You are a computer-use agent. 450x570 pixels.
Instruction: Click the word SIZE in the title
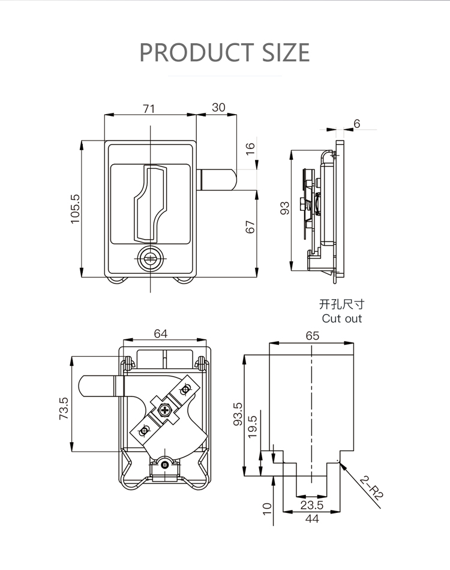click(286, 52)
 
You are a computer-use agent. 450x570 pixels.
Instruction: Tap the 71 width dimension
click(149, 108)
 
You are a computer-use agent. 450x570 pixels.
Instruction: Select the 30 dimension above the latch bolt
click(218, 108)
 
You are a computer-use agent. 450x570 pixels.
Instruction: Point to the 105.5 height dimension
click(75, 209)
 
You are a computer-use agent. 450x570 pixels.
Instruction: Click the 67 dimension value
click(250, 227)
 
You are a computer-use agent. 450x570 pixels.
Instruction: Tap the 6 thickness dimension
click(357, 124)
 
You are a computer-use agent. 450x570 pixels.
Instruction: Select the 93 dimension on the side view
click(285, 208)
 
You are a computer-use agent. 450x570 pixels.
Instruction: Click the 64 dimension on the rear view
click(160, 334)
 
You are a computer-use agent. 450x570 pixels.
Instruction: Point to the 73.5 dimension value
click(63, 408)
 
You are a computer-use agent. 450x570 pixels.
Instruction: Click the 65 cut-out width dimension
click(312, 336)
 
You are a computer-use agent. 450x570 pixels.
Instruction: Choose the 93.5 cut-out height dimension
click(237, 414)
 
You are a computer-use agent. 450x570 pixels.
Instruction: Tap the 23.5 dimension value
click(311, 505)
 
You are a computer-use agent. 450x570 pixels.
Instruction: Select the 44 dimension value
click(312, 518)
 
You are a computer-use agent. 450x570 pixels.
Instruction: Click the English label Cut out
click(342, 319)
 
